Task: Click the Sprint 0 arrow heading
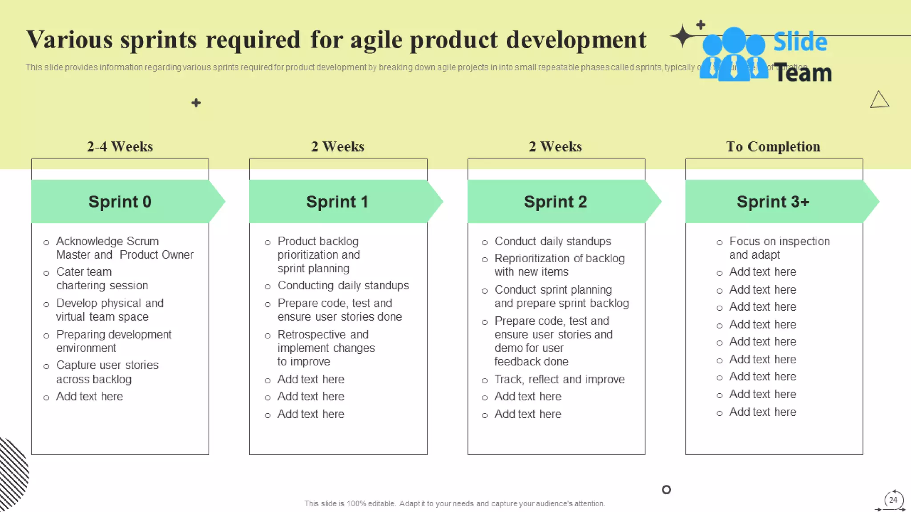[x=120, y=202]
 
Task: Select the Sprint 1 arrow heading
[x=337, y=202]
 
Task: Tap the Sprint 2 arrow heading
[x=555, y=202]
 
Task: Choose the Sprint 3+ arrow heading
[x=773, y=202]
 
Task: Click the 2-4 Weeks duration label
[x=120, y=146]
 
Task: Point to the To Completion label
[x=773, y=146]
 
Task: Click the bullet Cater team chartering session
[x=102, y=278]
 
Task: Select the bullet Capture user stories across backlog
[x=107, y=372]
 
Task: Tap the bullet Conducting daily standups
[x=343, y=285]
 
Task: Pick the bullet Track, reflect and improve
[x=559, y=379]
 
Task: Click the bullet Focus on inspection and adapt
[x=779, y=248]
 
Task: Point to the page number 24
[x=893, y=500]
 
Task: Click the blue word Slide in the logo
[x=800, y=42]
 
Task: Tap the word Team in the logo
[x=803, y=73]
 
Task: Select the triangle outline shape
[x=879, y=100]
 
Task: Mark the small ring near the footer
[x=666, y=490]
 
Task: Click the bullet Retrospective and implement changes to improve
[x=326, y=348]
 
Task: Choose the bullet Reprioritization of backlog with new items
[x=559, y=265]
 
